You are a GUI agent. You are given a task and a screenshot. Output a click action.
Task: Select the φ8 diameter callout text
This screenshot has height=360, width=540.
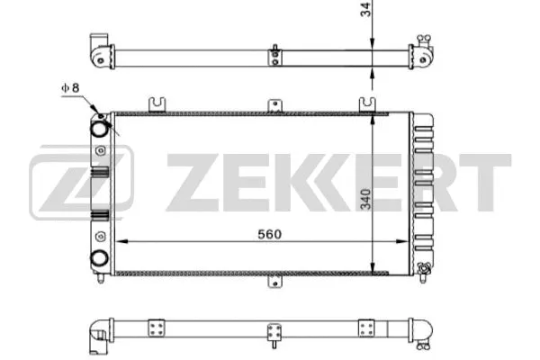(71, 88)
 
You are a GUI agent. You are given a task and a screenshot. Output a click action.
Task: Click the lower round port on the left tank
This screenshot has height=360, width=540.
(99, 257)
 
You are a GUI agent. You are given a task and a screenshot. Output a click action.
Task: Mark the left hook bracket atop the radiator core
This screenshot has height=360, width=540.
(158, 103)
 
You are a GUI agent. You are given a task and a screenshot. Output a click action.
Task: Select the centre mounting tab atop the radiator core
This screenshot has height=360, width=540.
(271, 106)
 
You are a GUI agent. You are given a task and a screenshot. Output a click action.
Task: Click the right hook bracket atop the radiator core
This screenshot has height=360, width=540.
(366, 103)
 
